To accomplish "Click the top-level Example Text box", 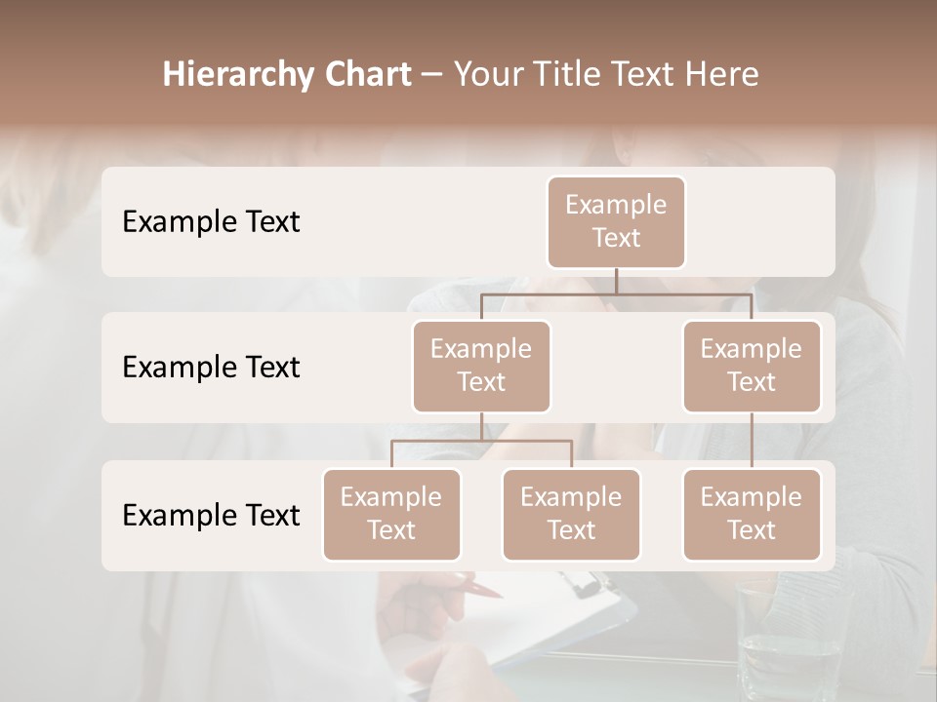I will pyautogui.click(x=616, y=221).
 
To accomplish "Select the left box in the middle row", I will pyautogui.click(x=481, y=366).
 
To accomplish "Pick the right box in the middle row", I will pyautogui.click(x=752, y=366).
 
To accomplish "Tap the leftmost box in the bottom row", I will pyautogui.click(x=391, y=514).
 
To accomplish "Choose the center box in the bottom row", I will pyautogui.click(x=571, y=514).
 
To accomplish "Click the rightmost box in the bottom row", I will pyautogui.click(x=752, y=514).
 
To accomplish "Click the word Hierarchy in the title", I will pyautogui.click(x=237, y=74).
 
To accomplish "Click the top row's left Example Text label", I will pyautogui.click(x=211, y=221).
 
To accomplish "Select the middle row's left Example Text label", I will pyautogui.click(x=211, y=367).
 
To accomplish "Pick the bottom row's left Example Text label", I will pyautogui.click(x=211, y=515).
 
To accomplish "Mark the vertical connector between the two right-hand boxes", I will pyautogui.click(x=752, y=440).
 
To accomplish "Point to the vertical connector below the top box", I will pyautogui.click(x=616, y=281).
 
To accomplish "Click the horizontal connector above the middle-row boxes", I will pyautogui.click(x=616, y=293).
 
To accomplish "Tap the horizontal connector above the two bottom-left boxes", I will pyautogui.click(x=481, y=441).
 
